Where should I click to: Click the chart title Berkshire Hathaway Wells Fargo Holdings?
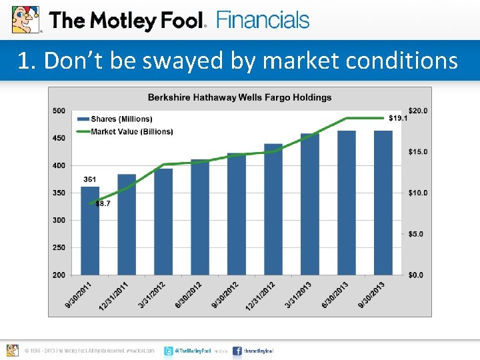pos(239,97)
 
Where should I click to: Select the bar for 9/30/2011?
pos(90,230)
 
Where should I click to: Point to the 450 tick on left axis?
pos(59,138)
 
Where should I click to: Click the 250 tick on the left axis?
pos(59,247)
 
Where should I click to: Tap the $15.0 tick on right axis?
pos(418,152)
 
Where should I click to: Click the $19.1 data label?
pos(398,118)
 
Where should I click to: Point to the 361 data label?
pos(89,179)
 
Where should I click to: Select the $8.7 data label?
pos(103,203)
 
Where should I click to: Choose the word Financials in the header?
pos(263,20)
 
